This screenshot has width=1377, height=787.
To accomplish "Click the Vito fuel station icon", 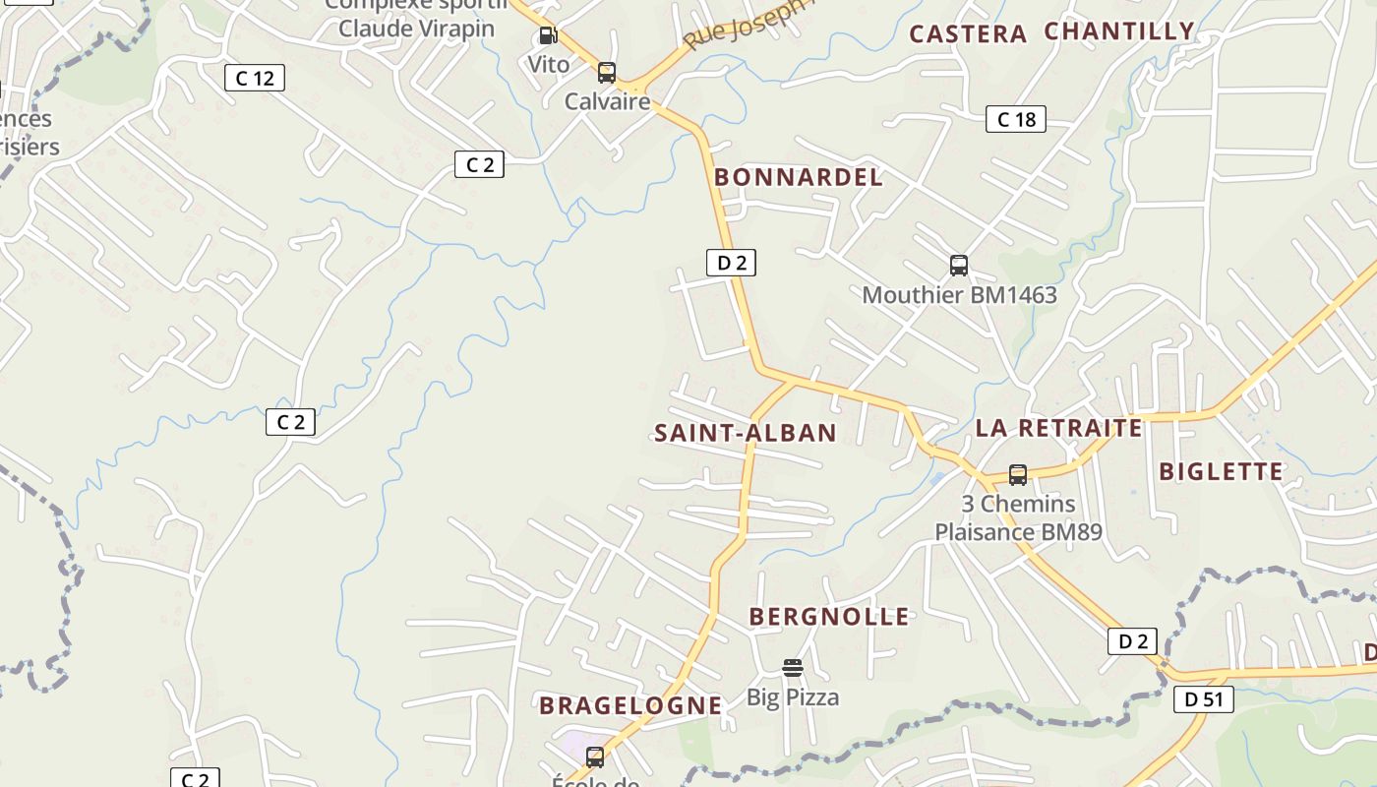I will [548, 36].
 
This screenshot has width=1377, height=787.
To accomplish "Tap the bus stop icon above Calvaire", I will [607, 72].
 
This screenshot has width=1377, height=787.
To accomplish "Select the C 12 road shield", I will [255, 78].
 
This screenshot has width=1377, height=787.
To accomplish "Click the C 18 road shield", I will [1016, 120].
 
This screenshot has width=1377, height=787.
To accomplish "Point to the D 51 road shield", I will [1203, 699].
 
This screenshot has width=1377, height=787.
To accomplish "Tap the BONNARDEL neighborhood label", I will [799, 178].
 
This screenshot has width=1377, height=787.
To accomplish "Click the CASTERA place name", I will [968, 34].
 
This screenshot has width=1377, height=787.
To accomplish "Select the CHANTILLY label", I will [1119, 31].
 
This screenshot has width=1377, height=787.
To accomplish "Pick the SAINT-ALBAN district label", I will [746, 433].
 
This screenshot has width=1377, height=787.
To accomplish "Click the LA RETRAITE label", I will [1058, 428].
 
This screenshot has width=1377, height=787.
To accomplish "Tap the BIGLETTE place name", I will [1222, 471].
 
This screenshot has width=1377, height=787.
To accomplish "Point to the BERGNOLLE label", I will [829, 617].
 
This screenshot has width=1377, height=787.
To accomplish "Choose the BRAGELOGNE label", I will [630, 705].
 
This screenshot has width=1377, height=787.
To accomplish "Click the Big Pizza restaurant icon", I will [793, 668].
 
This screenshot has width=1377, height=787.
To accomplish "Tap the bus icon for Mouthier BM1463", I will [959, 266].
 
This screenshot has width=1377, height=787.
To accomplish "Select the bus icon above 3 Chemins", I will [1018, 475].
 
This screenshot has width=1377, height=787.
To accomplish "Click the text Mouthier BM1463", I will [959, 295].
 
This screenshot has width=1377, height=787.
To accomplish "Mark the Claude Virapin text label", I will [416, 28].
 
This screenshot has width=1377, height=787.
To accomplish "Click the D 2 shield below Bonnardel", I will [731, 263].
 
